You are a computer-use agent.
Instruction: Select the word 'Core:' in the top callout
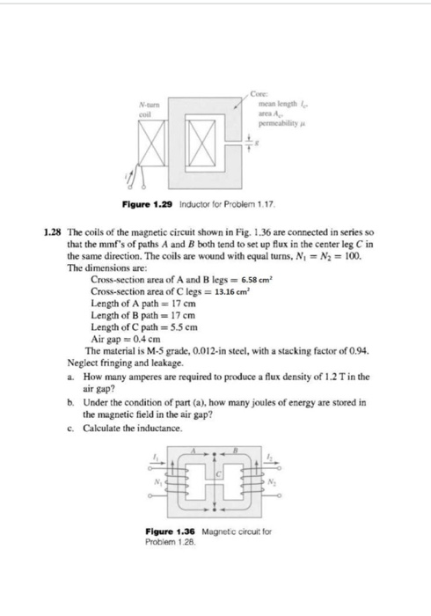[x=257, y=94]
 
